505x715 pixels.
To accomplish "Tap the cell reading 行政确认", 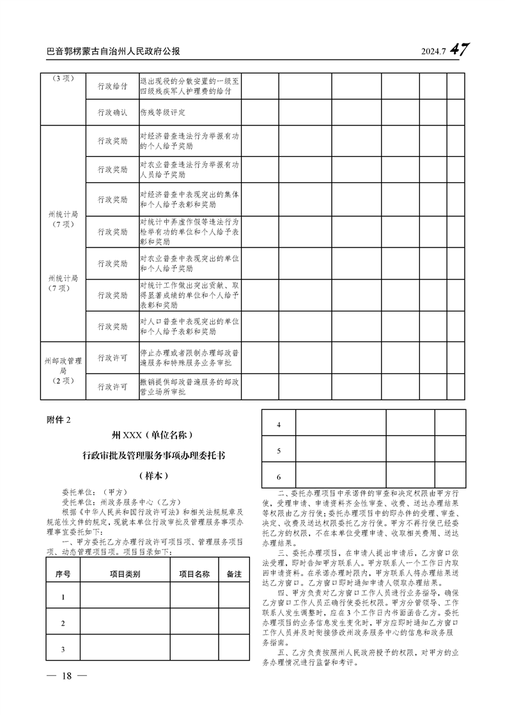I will [x=112, y=113].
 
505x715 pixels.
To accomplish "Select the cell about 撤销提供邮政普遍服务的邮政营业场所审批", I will [x=189, y=386].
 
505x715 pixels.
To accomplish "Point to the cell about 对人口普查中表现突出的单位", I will [x=189, y=326].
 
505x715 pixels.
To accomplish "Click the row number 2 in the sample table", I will [x=63, y=624].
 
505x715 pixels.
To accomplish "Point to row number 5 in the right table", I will [x=279, y=452].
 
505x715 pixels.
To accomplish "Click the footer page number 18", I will [x=65, y=677].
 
